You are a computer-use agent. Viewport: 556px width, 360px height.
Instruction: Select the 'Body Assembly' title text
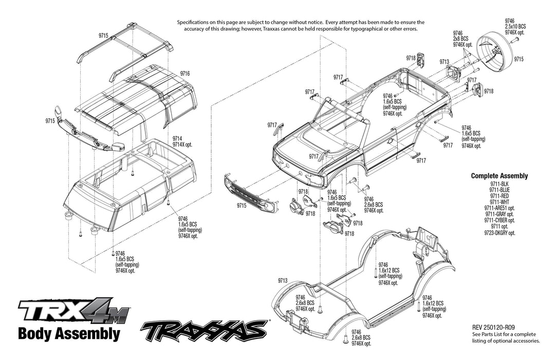click(x=69, y=333)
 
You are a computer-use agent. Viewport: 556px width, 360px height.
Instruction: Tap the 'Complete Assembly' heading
click(x=499, y=176)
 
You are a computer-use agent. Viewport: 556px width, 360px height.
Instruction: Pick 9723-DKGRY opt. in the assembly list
click(x=499, y=232)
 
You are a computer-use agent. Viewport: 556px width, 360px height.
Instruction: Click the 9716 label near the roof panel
click(x=185, y=74)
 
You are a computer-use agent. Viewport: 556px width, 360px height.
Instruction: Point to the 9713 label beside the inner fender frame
click(x=282, y=281)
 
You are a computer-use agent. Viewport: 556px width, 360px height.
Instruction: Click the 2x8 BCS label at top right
click(x=460, y=39)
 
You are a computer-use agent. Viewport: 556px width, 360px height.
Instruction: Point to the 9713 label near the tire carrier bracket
click(x=444, y=62)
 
